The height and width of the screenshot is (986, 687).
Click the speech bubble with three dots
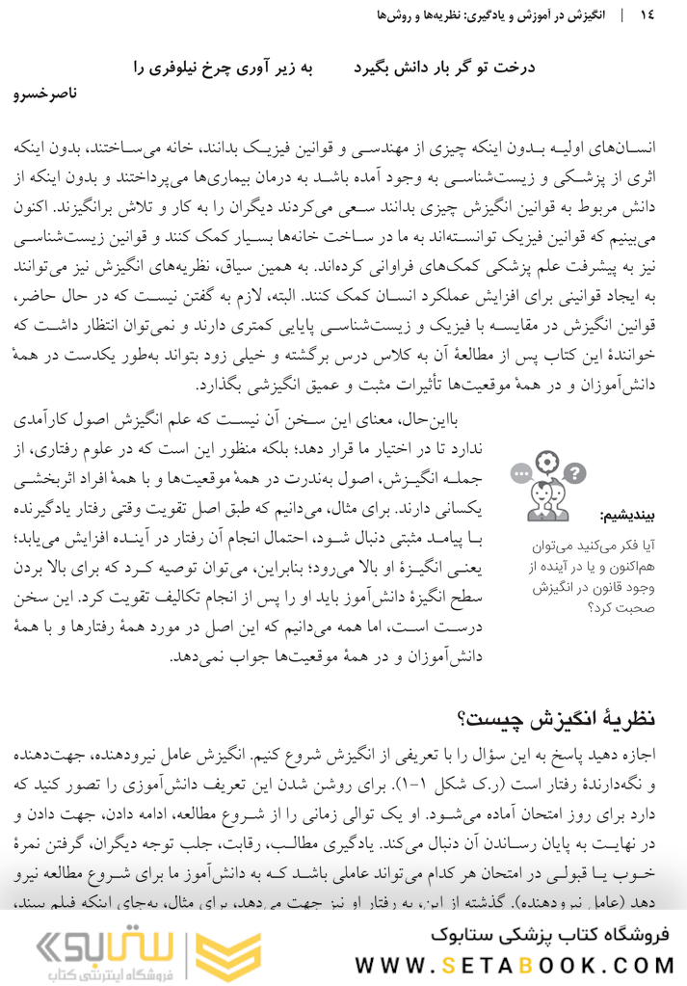[521, 474]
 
